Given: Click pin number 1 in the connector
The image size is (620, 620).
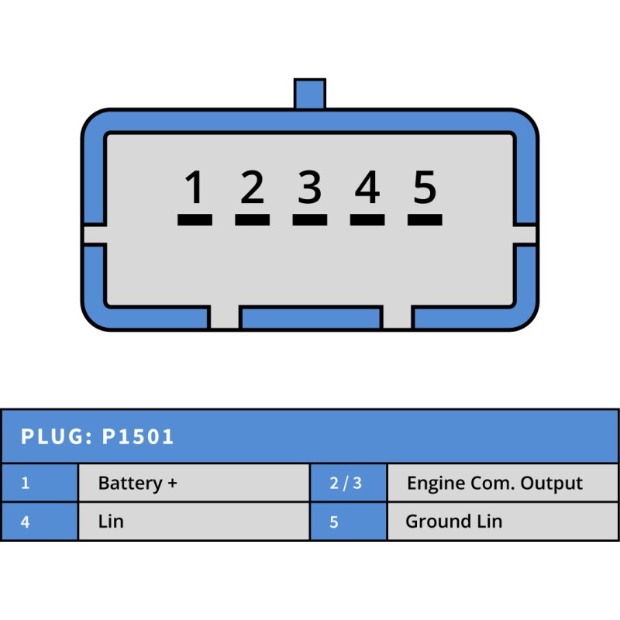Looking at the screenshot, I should point(195,188).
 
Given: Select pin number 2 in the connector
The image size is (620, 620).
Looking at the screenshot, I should point(252,188).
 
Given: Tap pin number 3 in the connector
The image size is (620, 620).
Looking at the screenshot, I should point(310,188).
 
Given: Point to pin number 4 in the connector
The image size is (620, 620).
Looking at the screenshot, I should point(367,188).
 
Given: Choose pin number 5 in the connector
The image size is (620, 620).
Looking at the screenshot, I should point(425,188).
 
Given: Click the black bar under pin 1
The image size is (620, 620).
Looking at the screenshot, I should point(195,220).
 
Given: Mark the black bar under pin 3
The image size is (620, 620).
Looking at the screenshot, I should point(310,220).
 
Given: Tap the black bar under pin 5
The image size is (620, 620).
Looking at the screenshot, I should point(425,220).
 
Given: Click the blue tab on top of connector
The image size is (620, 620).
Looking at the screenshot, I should point(310,94).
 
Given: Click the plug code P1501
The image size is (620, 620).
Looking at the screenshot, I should point(139,437).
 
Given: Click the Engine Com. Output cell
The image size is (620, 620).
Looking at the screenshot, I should point(494,484).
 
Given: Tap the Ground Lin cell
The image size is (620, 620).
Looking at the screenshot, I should point(453,522).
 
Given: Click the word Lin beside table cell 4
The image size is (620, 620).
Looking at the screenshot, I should point(111,522).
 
